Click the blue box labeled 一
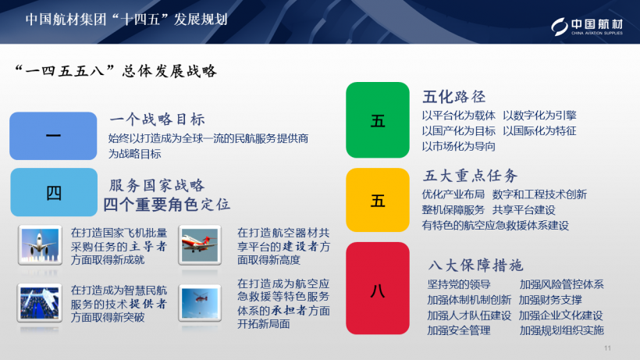tap(53, 136)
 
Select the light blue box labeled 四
tap(53, 192)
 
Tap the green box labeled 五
tap(378, 120)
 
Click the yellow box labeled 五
tap(378, 201)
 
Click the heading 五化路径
tap(454, 97)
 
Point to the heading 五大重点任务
tap(470, 175)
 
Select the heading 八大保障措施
tap(476, 265)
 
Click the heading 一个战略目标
tap(157, 119)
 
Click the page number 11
tap(608, 348)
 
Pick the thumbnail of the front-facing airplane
tap(39, 244)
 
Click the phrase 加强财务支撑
tap(550, 300)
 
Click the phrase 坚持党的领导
tap(459, 284)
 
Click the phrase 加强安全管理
tap(459, 330)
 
